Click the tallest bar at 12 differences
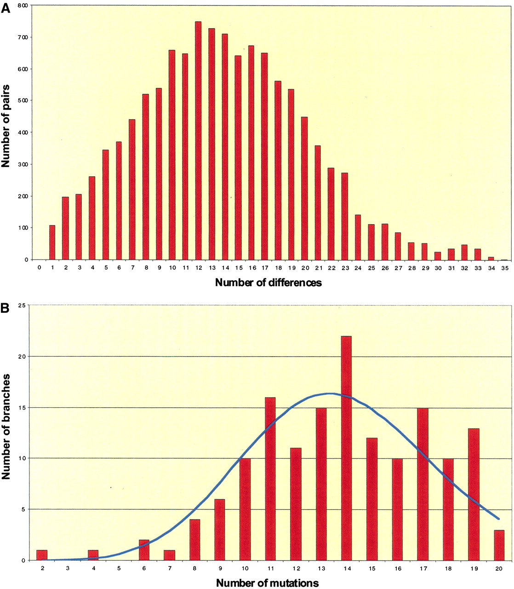click(x=198, y=140)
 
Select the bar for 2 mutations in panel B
click(x=42, y=555)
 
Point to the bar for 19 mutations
click(x=474, y=495)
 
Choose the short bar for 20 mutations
click(x=499, y=545)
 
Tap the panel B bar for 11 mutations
click(x=270, y=479)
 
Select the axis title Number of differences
click(x=268, y=283)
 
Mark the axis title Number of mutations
click(x=267, y=583)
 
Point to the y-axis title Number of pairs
click(x=6, y=126)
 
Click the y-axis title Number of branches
click(x=6, y=427)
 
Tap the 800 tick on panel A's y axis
click(x=23, y=6)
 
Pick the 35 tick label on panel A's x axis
click(x=505, y=268)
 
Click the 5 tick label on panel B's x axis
click(x=119, y=568)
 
